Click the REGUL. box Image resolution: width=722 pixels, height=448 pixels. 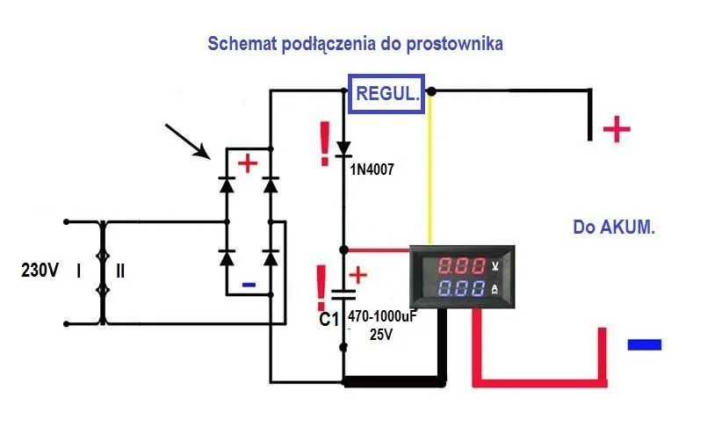coord(387,94)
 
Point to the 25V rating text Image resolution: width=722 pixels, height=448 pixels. coord(380,335)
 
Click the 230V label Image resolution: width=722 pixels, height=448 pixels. coord(40,271)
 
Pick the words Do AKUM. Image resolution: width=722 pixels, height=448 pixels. coord(614,227)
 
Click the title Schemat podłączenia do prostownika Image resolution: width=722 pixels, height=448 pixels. coord(355,44)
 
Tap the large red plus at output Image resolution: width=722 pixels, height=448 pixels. coord(617,130)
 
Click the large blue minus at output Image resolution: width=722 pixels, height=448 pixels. coord(644,344)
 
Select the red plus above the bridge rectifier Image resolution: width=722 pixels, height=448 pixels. coord(249,163)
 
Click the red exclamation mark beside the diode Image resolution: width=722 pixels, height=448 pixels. coord(325,139)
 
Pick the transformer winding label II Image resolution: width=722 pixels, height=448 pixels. coord(120,271)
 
